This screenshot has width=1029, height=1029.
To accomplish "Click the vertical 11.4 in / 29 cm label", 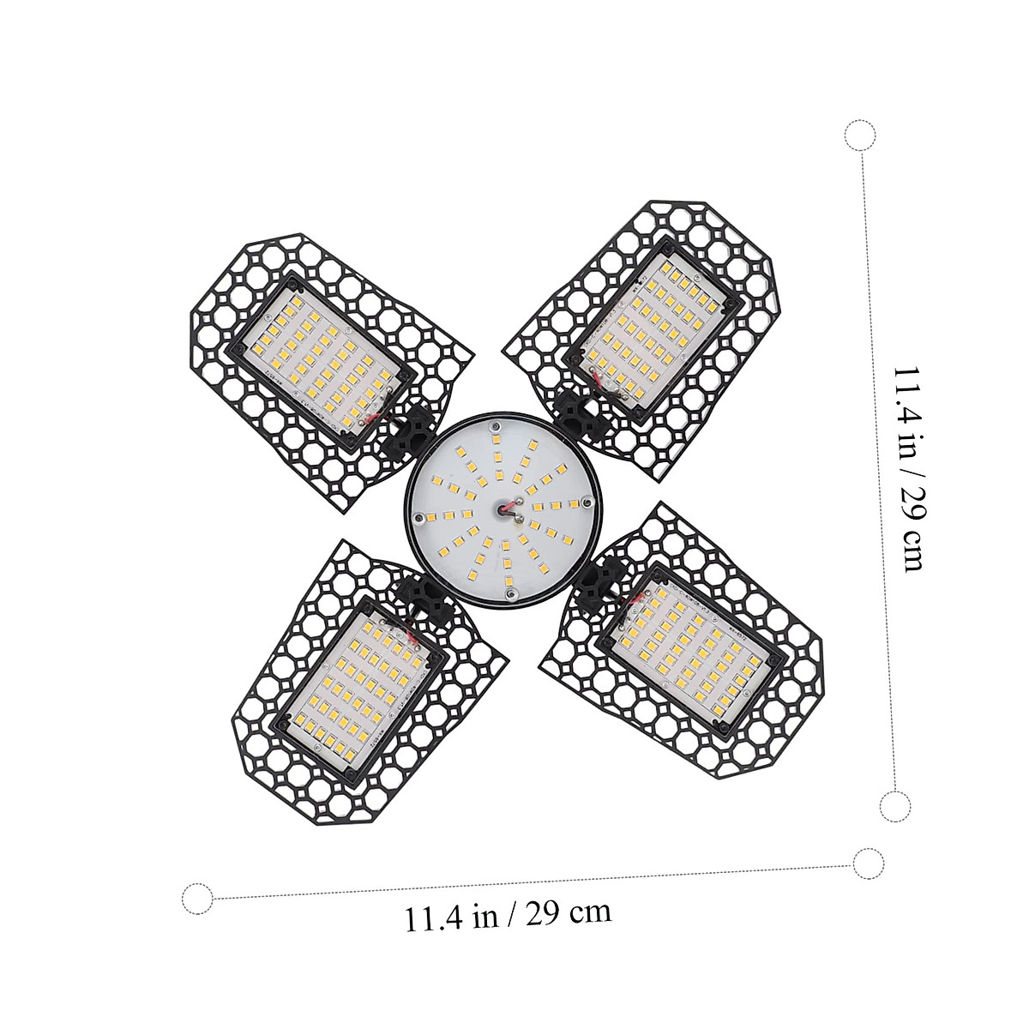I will (x=908, y=468).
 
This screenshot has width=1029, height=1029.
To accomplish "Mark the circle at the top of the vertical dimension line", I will (x=859, y=136).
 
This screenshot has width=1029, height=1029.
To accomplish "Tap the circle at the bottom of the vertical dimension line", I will (x=895, y=805).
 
